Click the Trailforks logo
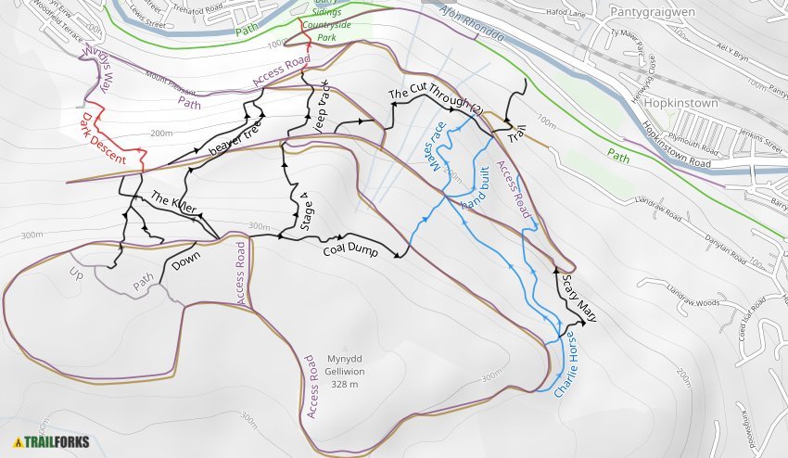pyautogui.click(x=46, y=441)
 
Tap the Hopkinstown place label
pyautogui.click(x=682, y=103)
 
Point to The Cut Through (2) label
pyautogui.click(x=435, y=101)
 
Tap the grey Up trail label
pyautogui.click(x=76, y=273)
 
